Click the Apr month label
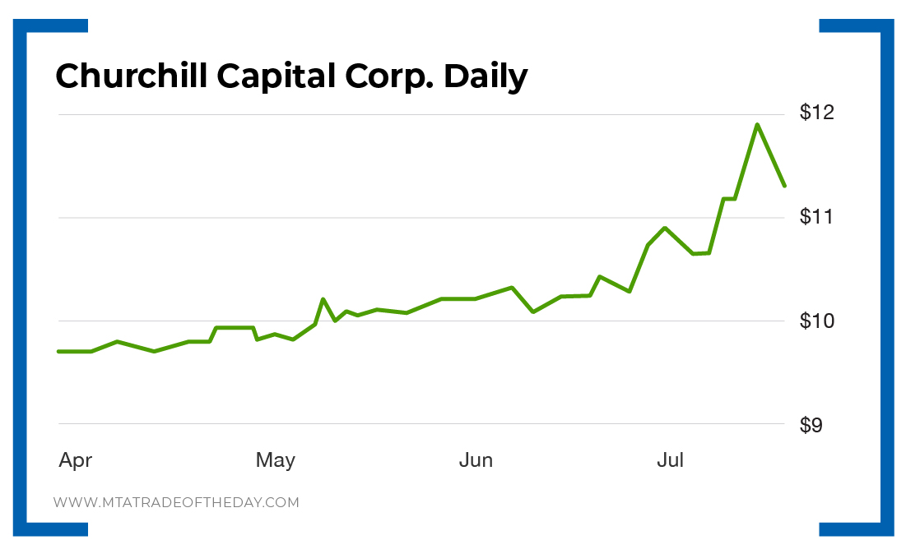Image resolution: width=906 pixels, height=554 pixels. coord(75,460)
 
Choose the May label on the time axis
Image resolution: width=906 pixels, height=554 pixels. coord(275,460)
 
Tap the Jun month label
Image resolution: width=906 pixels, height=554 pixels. coord(476,460)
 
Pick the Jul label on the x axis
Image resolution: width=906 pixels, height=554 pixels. coord(670,460)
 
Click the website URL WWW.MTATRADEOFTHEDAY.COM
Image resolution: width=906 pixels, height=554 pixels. coord(176,502)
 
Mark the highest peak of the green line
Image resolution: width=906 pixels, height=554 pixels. coord(757,124)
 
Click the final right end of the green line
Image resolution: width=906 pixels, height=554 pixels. coord(785,186)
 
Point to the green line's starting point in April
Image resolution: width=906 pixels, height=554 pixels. coord(58,351)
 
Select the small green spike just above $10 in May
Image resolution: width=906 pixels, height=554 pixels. coord(323,299)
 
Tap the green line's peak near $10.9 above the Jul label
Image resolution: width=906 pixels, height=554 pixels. coord(665,228)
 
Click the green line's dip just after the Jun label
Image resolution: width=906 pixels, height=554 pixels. coord(533,312)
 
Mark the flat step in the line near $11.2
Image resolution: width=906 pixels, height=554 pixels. coord(729,199)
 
